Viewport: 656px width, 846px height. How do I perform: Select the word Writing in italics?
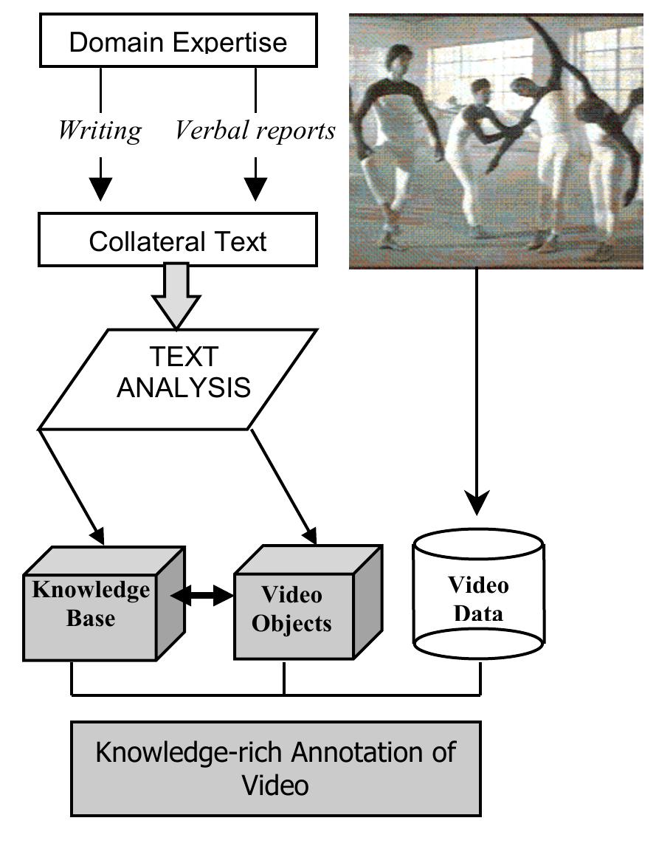(x=100, y=131)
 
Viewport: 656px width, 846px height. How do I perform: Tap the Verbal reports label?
(x=255, y=131)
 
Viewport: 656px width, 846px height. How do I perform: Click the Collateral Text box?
(x=177, y=241)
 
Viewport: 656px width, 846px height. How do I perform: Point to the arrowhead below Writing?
(x=100, y=188)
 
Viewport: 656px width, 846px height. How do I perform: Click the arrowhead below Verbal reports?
(x=255, y=188)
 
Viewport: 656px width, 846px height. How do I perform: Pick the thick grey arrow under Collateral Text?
(x=176, y=295)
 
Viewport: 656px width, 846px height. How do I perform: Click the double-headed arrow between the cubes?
(x=201, y=594)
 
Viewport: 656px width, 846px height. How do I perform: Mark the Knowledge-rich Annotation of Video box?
(x=275, y=768)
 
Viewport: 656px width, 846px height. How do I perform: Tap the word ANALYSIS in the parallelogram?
(x=184, y=388)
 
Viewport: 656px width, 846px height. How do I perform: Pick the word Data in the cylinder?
(x=477, y=613)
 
